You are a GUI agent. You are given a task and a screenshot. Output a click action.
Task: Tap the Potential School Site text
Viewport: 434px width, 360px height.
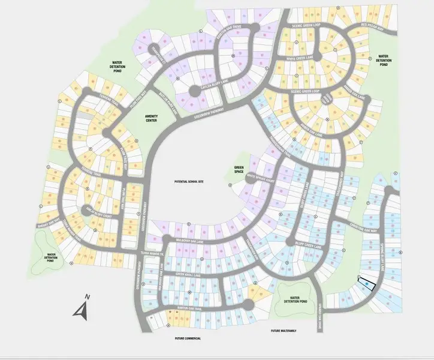tap(190, 181)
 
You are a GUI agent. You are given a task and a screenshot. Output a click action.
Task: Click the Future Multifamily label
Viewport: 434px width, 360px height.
tap(284, 331)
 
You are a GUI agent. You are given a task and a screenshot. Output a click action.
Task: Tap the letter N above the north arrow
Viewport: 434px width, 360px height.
tap(88, 297)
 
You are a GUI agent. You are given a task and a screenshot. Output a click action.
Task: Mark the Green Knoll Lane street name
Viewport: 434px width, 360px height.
tap(188, 274)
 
